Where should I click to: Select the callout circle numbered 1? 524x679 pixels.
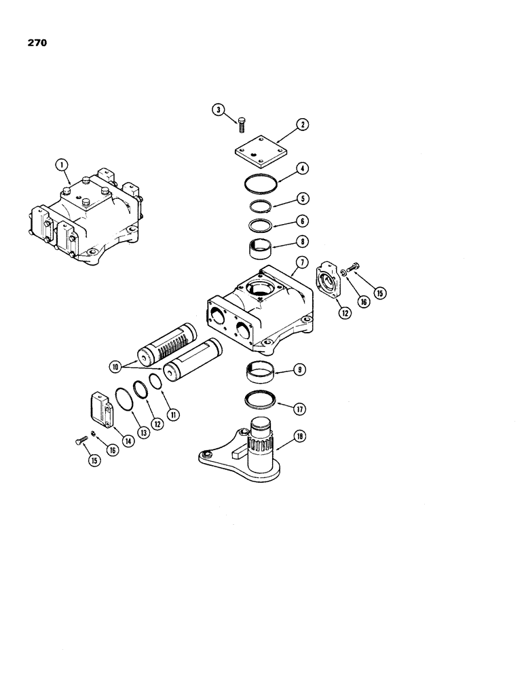pyautogui.click(x=62, y=164)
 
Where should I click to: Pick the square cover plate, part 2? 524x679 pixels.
pyautogui.click(x=258, y=155)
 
